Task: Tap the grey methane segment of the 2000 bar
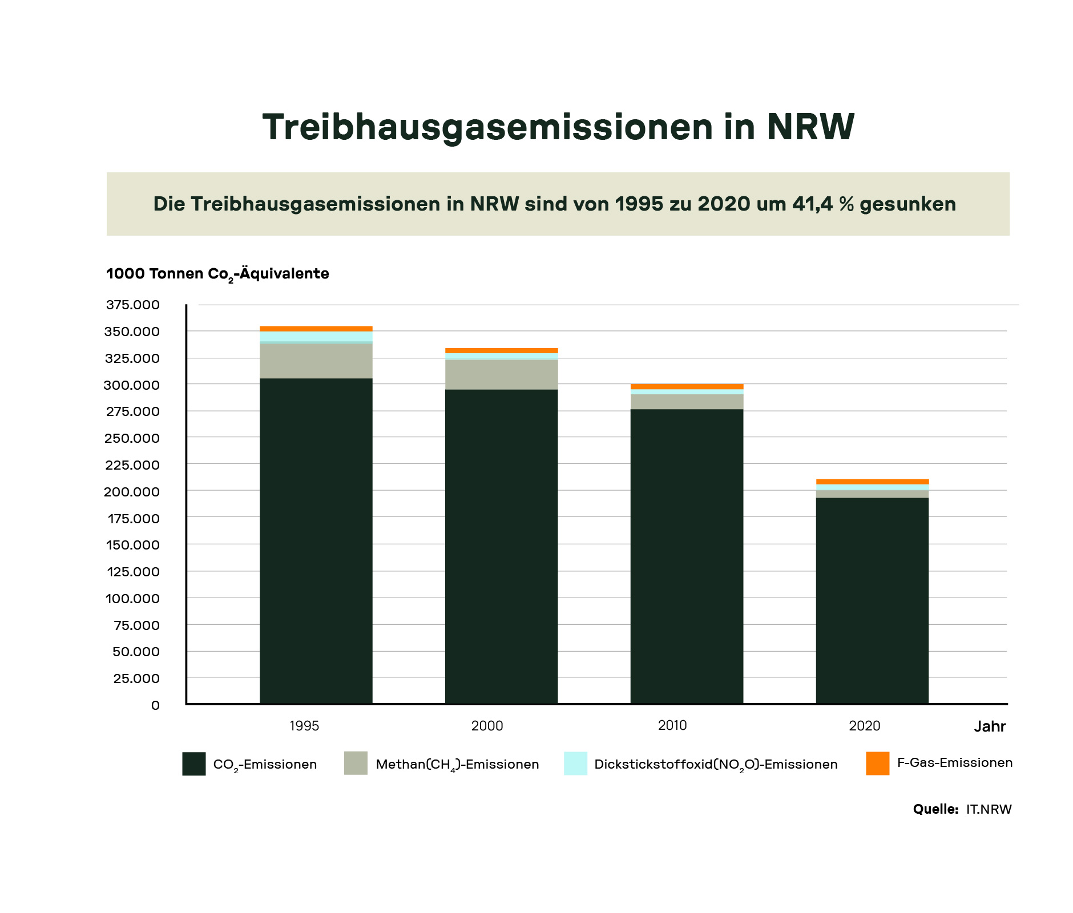coord(501,374)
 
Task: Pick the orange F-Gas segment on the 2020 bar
coord(872,482)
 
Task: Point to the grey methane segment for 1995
coord(316,361)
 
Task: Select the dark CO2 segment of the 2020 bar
coord(872,599)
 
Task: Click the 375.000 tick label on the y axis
coord(133,305)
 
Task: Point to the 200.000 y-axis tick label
coord(132,492)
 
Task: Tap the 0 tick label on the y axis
coord(155,705)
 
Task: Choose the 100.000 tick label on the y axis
coord(132,599)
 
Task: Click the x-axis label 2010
coord(672,725)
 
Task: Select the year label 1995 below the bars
coord(304,726)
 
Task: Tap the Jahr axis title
coord(990,726)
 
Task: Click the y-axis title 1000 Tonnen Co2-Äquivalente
coord(217,274)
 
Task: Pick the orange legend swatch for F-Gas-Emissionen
coord(877,763)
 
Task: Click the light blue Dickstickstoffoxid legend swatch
coord(575,763)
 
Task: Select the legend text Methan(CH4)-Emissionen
coord(457,765)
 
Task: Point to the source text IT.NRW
coord(989,809)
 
